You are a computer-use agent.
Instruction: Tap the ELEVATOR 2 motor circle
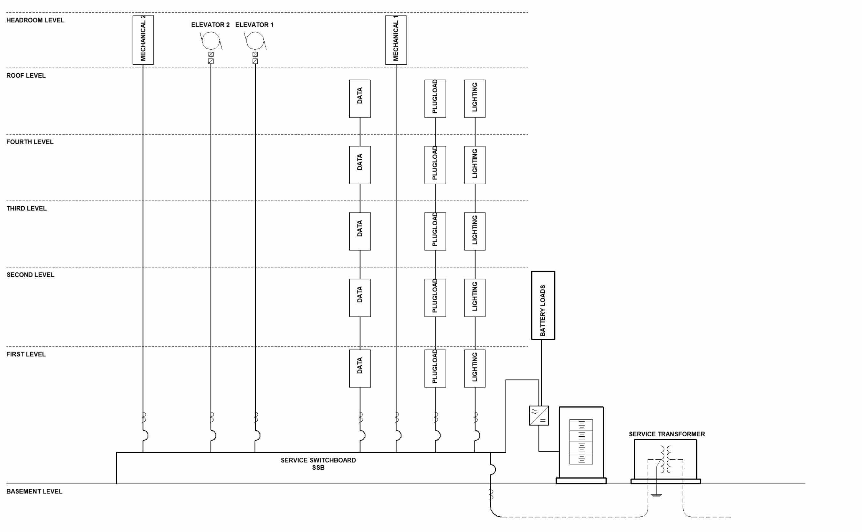(x=211, y=40)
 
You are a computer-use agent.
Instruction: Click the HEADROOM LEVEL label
(x=35, y=20)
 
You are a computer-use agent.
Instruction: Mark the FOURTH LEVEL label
(x=30, y=142)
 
